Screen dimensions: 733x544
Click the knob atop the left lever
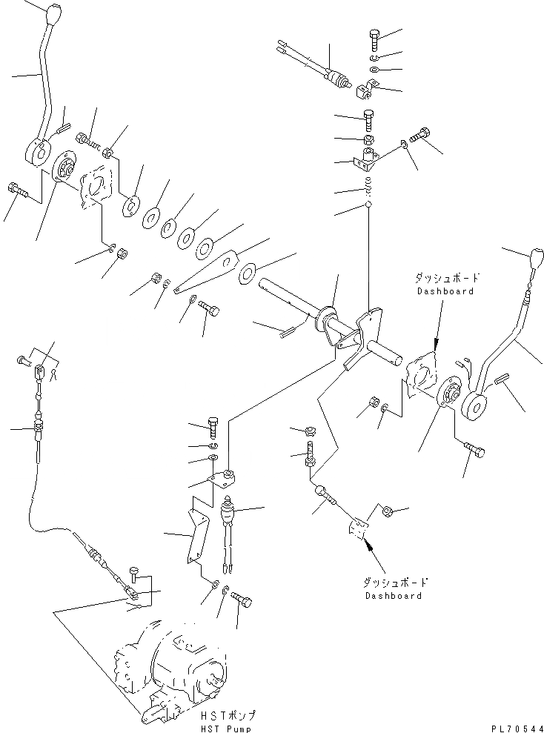56,13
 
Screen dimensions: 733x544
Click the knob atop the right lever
536,261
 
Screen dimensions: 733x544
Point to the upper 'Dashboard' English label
445,291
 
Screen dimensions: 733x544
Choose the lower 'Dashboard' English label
394,595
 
